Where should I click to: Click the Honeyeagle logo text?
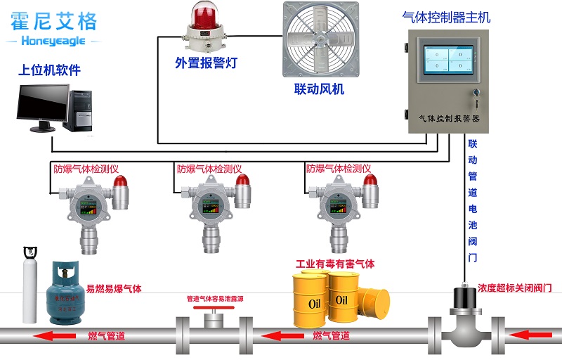(53, 41)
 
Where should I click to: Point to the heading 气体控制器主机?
(445, 16)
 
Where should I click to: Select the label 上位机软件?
(49, 70)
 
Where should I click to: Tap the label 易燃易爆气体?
(114, 289)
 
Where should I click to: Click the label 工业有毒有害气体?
(335, 264)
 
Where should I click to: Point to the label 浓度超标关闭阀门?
(515, 288)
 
